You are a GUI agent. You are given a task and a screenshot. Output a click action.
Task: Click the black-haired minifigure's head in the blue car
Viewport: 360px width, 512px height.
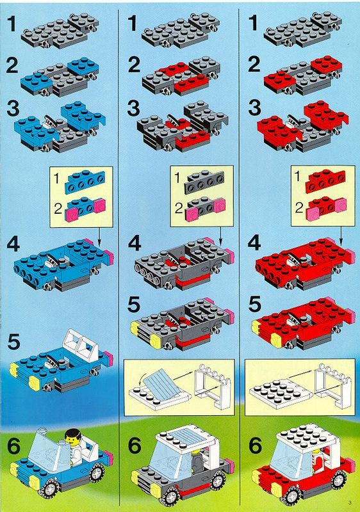click(x=72, y=438)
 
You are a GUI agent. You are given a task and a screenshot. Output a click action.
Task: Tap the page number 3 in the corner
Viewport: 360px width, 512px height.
click(x=350, y=502)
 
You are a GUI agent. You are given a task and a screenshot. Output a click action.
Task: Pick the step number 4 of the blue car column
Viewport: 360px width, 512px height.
click(x=13, y=244)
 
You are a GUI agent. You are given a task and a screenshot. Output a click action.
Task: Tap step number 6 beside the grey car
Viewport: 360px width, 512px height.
click(x=135, y=445)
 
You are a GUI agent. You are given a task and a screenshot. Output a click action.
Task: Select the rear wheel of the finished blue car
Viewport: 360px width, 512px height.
click(x=97, y=473)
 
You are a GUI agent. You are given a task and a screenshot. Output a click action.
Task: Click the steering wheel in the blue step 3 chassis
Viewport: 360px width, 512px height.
click(x=51, y=121)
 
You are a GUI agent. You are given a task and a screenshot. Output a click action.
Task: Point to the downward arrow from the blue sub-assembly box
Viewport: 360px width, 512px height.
click(x=99, y=236)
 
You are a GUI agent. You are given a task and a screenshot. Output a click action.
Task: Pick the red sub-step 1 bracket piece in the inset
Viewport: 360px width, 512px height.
click(x=325, y=182)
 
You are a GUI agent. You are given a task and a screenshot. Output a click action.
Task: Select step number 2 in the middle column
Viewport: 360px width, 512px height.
click(x=134, y=65)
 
